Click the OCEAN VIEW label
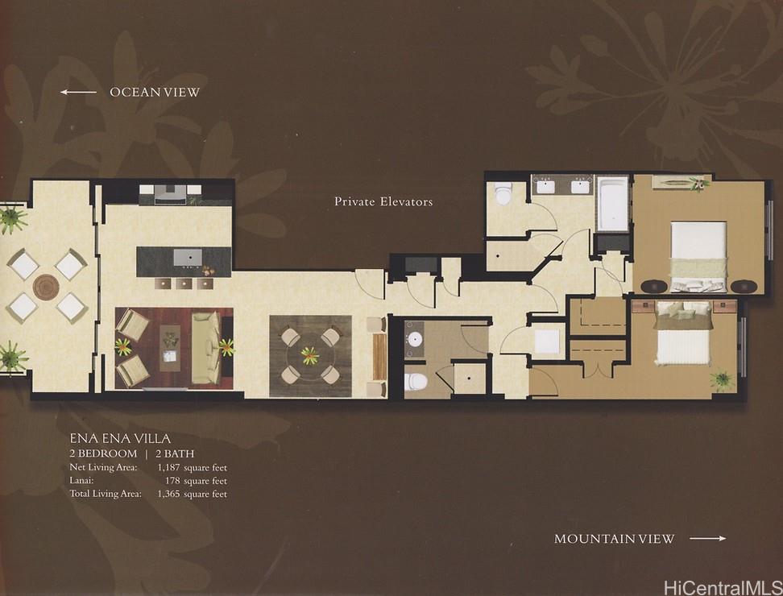154,93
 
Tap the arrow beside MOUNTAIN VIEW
707,538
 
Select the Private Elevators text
383,201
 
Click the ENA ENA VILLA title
119,439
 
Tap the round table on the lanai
46,287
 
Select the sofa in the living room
206,347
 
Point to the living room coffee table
170,347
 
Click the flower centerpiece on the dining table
310,355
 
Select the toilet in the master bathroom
503,194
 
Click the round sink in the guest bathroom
416,337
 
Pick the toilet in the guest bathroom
416,380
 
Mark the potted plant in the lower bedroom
721,379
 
